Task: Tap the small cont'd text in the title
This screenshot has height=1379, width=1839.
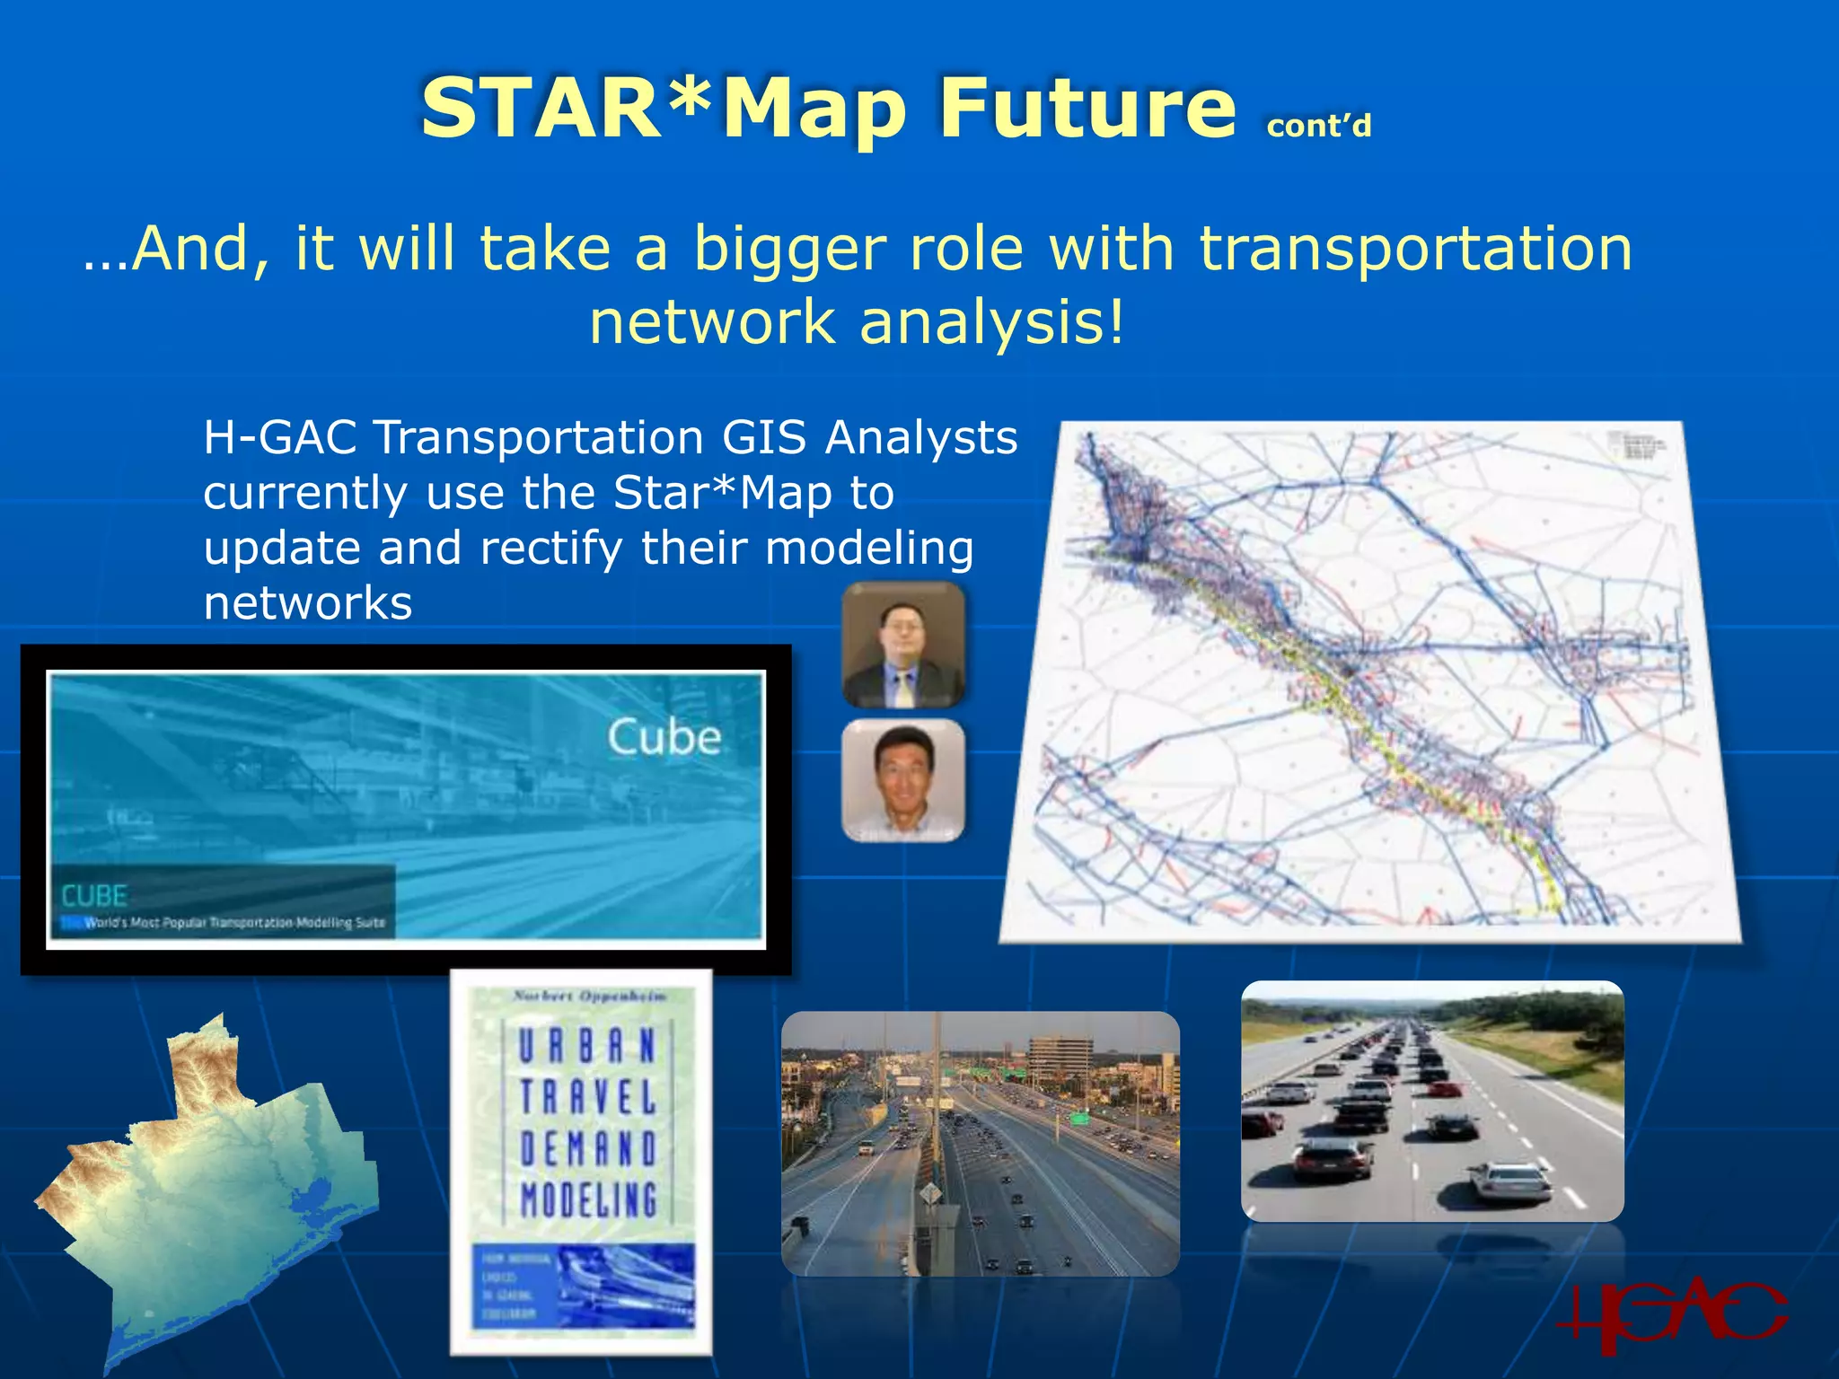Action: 1318,127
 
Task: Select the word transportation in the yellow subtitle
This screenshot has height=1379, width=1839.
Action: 1415,249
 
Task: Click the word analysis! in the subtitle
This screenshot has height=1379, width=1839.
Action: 991,323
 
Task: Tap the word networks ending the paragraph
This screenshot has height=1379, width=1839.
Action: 308,603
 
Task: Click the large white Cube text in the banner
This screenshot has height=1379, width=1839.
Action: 664,738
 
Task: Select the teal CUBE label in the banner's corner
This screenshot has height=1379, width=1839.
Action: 94,895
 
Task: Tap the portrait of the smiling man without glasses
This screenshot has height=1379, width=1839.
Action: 903,779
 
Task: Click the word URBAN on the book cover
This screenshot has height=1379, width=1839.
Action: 588,1046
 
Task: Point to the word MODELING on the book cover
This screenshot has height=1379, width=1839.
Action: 588,1199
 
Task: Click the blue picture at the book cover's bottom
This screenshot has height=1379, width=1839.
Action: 584,1286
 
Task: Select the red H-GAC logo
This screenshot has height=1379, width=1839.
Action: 1670,1316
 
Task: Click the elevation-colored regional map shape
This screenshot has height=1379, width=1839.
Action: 207,1185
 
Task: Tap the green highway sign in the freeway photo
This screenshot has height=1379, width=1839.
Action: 1078,1119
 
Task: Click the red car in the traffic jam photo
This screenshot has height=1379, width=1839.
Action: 1444,1089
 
